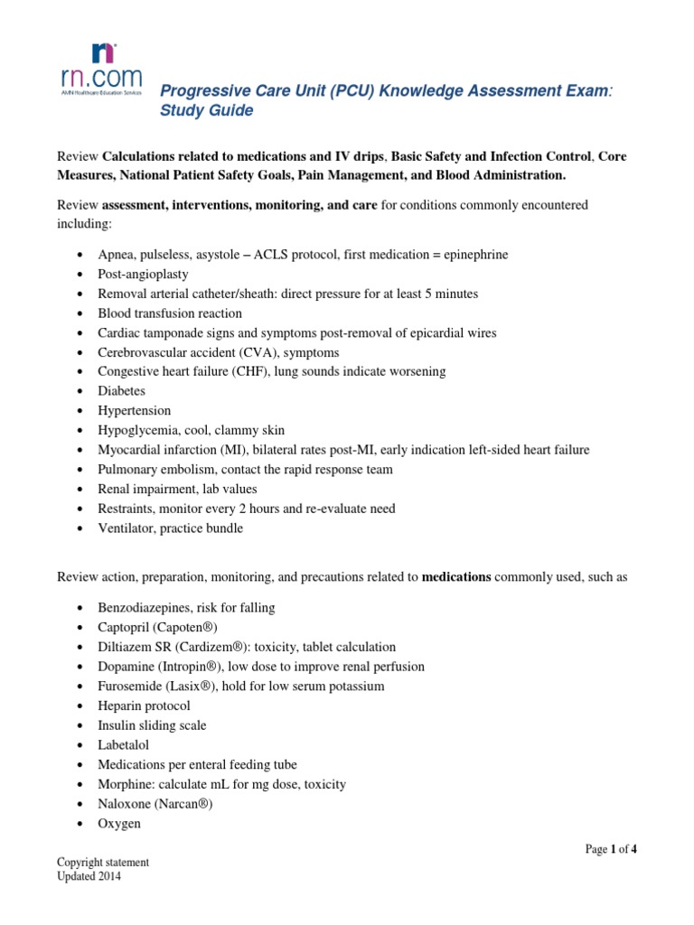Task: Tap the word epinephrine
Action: (x=471, y=255)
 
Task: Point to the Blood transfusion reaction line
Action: (x=170, y=313)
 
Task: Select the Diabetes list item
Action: (x=121, y=391)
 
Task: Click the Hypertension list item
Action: (x=134, y=411)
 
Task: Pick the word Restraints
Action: (x=127, y=509)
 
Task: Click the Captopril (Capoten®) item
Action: (x=157, y=627)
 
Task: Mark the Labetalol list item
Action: (x=124, y=745)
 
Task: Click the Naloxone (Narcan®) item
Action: (x=155, y=804)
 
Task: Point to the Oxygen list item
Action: (x=119, y=824)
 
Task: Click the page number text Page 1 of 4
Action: (x=612, y=849)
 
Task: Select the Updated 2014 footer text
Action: (x=89, y=876)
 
